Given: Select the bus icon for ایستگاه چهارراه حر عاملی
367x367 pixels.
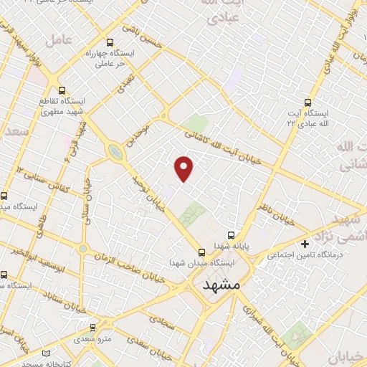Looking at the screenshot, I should [110, 43].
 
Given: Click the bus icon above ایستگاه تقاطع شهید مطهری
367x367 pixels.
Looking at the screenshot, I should [62, 91].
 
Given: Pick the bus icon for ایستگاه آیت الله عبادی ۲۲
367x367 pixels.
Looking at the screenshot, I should [309, 103].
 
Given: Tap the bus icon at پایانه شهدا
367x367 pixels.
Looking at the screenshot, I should [231, 234].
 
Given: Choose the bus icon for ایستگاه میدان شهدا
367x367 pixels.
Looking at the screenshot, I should [201, 252].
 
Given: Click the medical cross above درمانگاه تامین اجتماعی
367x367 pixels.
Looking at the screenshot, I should [305, 244].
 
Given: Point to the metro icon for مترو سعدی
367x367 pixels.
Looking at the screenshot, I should [92, 326].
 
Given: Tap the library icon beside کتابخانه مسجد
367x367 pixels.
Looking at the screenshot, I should [47, 354].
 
